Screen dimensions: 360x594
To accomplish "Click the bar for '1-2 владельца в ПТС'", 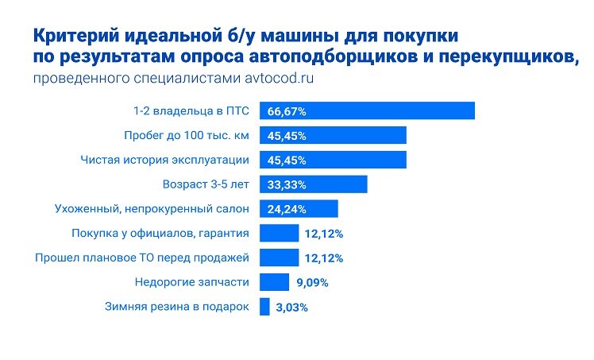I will click(x=367, y=111).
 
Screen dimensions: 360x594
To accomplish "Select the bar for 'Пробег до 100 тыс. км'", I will click(x=333, y=136).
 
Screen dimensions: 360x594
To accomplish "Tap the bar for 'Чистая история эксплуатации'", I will click(x=333, y=160).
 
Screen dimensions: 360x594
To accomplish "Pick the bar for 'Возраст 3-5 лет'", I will click(x=313, y=184).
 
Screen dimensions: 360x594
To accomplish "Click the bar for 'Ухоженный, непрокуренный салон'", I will click(x=299, y=209).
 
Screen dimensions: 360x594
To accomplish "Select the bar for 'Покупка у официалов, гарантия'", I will click(x=279, y=234).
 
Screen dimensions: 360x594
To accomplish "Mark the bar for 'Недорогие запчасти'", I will click(x=274, y=282).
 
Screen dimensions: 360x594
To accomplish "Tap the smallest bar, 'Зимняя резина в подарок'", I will click(x=264, y=307).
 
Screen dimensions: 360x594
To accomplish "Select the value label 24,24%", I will click(x=287, y=209).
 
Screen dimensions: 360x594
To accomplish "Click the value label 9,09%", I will click(x=313, y=282).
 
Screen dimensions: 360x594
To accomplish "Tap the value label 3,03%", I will click(x=291, y=307).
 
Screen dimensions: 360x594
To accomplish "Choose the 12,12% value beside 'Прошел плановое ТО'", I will click(x=322, y=258).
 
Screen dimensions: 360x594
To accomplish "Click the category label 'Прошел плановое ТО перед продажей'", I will click(x=143, y=258).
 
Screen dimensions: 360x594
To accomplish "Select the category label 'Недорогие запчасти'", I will click(x=192, y=282).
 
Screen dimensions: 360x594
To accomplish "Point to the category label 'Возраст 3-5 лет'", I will click(x=206, y=184).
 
